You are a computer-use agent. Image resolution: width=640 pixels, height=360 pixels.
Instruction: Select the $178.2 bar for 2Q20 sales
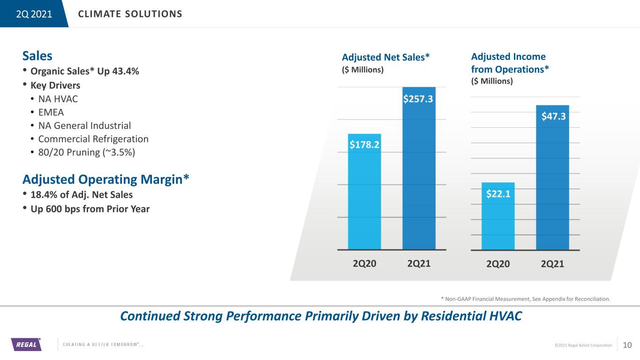point(364,197)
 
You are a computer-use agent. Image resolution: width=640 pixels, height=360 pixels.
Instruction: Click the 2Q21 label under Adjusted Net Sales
point(419,263)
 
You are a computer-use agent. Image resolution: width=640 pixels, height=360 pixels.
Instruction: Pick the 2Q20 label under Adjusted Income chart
point(498,264)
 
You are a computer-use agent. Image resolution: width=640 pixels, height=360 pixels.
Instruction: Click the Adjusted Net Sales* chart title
point(386,57)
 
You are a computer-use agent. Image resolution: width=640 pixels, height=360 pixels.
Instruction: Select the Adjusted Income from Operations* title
point(510,63)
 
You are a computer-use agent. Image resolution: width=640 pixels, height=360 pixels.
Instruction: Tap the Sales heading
point(37,56)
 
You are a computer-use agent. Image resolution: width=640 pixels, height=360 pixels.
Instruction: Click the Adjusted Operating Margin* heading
point(106,179)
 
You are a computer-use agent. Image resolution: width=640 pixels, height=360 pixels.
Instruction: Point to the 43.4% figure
point(127,72)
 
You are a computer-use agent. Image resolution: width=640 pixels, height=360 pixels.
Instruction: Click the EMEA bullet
point(51,112)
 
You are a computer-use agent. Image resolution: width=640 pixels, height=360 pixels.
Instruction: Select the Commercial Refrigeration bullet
point(93,139)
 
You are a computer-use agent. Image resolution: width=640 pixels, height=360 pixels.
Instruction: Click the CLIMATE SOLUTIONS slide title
point(130,14)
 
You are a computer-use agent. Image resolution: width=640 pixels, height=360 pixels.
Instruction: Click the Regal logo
point(26,345)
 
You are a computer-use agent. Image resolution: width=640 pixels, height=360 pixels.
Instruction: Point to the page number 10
point(627,345)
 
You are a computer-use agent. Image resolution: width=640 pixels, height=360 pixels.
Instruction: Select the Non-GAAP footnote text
point(526,298)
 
